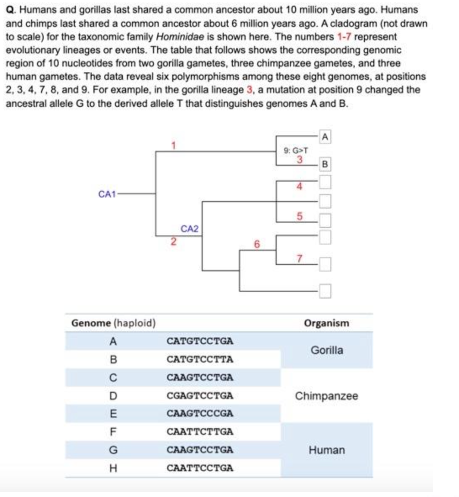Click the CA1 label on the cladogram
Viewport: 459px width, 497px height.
pos(107,194)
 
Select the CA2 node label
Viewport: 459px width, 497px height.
pos(190,228)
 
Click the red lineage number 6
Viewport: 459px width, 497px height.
pos(257,244)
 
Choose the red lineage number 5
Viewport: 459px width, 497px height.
pos(299,217)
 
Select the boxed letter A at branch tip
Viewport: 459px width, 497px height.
pos(325,138)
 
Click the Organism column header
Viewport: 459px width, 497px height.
pos(327,323)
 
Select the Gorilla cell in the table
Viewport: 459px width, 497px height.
pos(327,350)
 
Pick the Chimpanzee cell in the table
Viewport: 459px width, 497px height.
pos(327,396)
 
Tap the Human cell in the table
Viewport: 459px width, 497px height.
pos(327,450)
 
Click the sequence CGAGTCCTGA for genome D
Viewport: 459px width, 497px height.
pos(200,396)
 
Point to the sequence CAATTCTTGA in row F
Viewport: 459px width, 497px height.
pos(200,431)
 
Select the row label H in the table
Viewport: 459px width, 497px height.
pos(113,468)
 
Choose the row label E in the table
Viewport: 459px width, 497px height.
pos(113,414)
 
